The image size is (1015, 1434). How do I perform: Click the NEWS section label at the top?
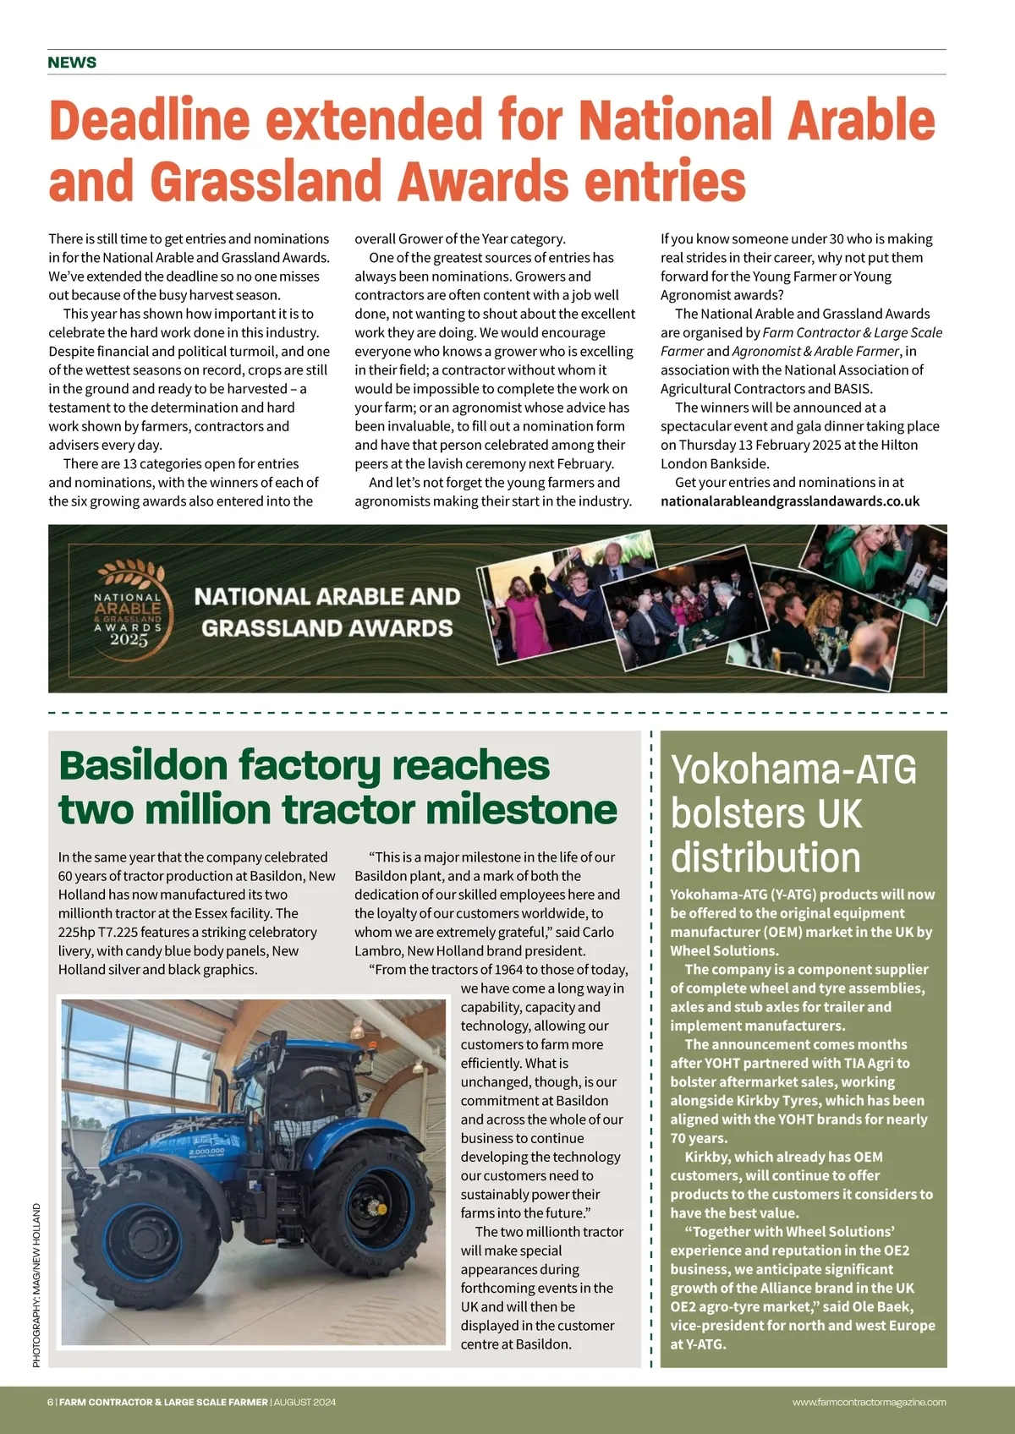72,63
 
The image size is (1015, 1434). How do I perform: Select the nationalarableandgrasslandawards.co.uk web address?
789,501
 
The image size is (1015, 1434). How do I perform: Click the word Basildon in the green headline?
143,766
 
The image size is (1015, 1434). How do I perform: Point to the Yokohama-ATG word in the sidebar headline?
793,769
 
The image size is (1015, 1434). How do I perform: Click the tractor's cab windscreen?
279,1091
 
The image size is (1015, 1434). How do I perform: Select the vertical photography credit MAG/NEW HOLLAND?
36,1285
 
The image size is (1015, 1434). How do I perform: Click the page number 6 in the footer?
50,1402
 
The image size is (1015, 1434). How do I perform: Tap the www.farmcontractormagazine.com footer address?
869,1402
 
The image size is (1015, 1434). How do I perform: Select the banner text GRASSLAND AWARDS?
326,628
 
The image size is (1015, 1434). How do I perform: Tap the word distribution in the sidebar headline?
765,857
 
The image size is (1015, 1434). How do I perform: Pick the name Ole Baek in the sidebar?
882,1306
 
